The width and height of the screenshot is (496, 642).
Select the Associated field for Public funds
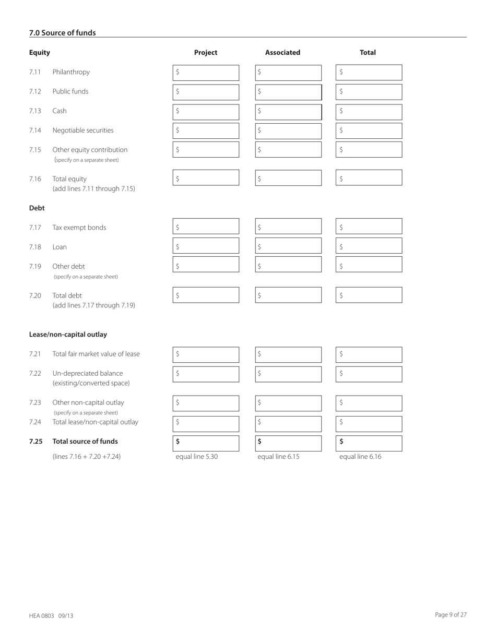[x=289, y=92]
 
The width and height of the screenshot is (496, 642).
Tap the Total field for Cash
[x=369, y=112]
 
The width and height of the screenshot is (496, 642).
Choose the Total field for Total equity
[x=369, y=178]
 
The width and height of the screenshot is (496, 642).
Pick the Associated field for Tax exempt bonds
[x=289, y=227]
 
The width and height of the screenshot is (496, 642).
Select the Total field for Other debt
[x=369, y=265]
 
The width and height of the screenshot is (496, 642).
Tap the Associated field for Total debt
[x=289, y=295]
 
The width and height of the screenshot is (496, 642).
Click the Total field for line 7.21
[x=369, y=355]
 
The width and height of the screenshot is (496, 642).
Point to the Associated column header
[x=282, y=52]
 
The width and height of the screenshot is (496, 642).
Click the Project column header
[x=206, y=52]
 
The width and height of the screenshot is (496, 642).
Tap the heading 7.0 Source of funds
[x=63, y=33]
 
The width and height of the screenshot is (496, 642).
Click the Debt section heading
[x=37, y=208]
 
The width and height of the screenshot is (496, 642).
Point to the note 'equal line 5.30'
[x=197, y=457]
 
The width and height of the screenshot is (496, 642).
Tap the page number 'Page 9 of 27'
[x=451, y=615]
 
